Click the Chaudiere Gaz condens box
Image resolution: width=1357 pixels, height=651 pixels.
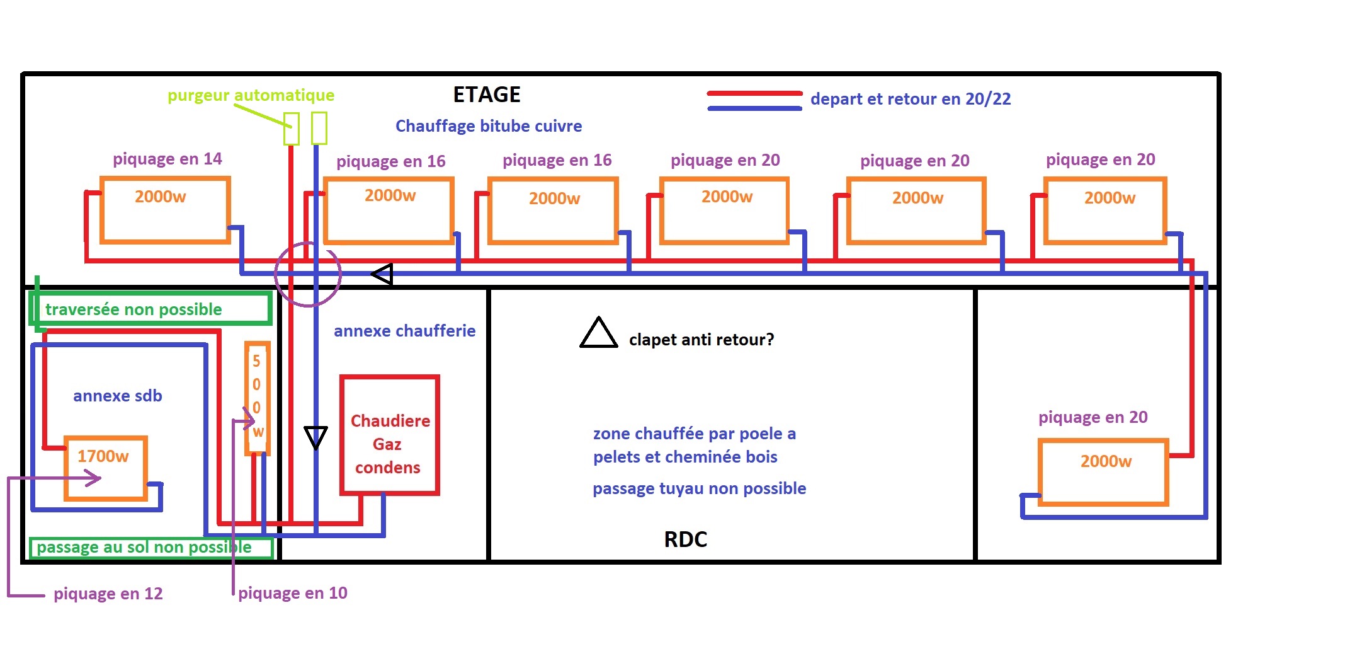389,435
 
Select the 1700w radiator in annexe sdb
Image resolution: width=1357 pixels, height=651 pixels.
106,468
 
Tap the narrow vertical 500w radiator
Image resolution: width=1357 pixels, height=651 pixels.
257,398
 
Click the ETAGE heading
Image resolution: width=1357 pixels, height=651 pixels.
487,95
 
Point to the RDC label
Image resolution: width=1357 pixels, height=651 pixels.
685,539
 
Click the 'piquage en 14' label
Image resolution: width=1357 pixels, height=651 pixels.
167,159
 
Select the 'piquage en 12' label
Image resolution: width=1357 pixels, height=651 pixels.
108,594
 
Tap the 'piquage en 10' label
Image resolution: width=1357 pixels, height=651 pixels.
292,593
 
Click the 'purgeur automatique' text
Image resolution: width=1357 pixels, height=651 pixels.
251,95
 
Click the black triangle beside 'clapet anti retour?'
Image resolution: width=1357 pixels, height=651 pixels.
598,334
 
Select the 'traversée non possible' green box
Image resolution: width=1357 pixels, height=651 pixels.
151,309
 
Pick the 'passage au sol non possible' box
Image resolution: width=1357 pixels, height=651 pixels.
151,547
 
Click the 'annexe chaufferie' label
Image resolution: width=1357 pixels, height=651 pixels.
404,331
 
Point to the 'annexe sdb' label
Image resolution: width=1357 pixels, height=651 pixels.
117,396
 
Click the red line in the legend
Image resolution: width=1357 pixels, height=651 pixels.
754,93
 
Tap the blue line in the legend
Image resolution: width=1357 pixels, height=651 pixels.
754,108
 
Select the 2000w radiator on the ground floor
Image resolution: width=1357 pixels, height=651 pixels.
1104,472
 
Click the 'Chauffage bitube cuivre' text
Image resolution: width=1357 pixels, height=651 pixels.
488,126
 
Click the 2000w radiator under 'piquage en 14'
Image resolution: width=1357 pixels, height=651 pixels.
165,210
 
